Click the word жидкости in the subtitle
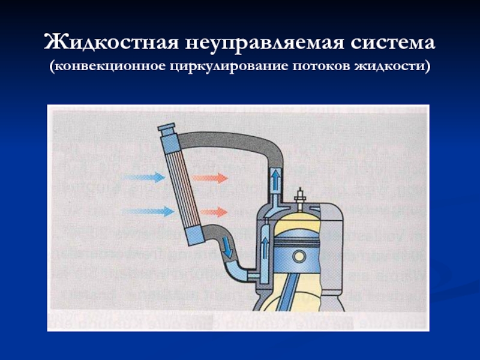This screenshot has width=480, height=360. pyautogui.click(x=396, y=64)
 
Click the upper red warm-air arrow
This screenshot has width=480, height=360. pyautogui.click(x=210, y=178)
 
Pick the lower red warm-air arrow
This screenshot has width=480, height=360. pyautogui.click(x=210, y=212)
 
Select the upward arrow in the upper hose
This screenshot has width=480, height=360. pyautogui.click(x=274, y=178)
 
